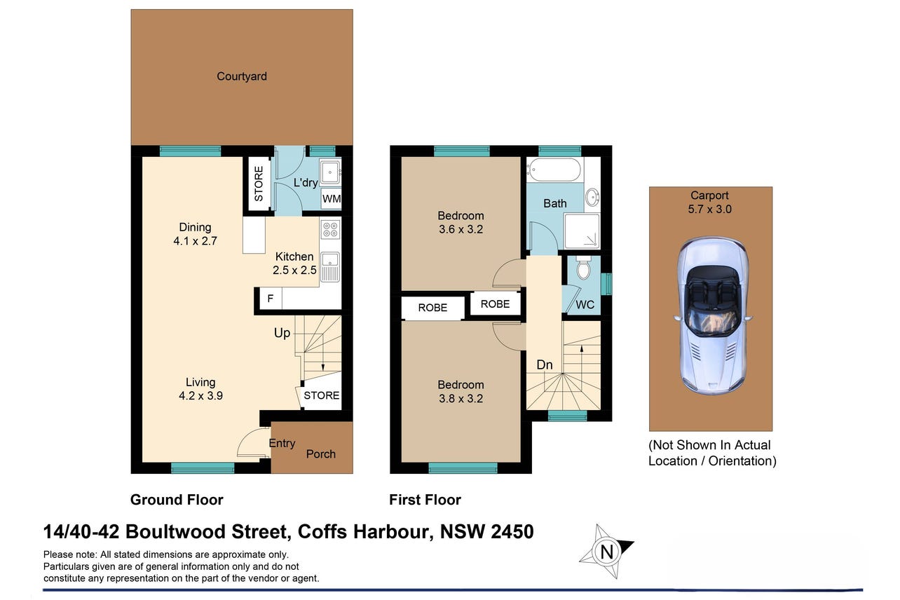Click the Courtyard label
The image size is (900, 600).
point(242,76)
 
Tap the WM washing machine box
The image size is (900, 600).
point(331,198)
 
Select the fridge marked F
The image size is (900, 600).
point(271,298)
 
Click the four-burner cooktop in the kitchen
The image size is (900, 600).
point(330,229)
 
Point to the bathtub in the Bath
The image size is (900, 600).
point(555,169)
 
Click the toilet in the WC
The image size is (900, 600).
point(583,267)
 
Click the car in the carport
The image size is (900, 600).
point(712,315)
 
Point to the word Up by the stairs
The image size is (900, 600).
point(282,333)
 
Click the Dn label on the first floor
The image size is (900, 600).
point(545,364)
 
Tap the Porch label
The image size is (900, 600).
point(320,454)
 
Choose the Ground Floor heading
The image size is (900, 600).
point(177,500)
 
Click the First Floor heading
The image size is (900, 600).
point(425,500)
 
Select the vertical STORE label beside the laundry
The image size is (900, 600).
point(259,184)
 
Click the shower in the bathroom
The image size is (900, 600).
point(582,231)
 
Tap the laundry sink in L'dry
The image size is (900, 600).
point(330,172)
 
